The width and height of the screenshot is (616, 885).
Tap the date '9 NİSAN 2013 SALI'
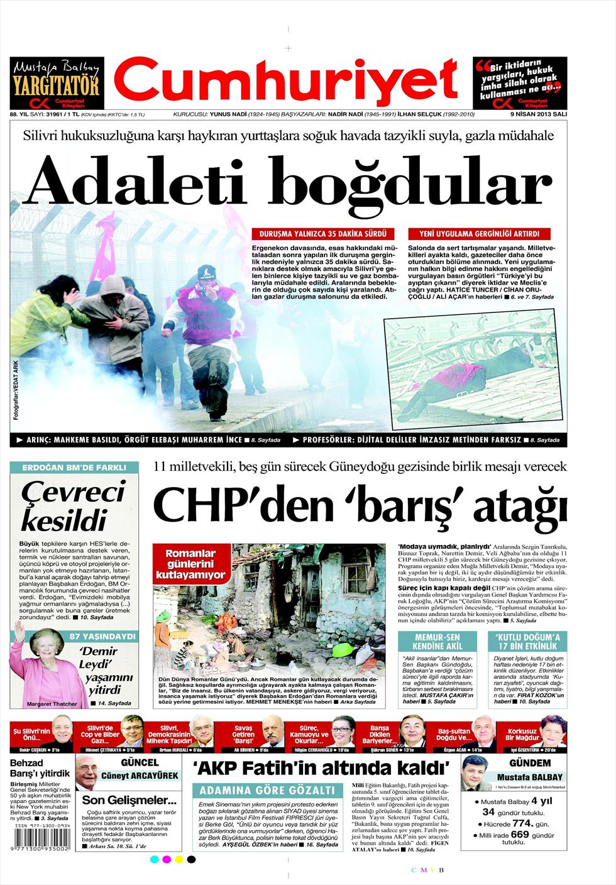pos(538,115)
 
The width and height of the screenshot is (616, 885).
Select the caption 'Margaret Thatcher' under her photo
pos(52,704)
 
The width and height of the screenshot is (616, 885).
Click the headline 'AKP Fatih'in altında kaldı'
pos(322,768)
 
